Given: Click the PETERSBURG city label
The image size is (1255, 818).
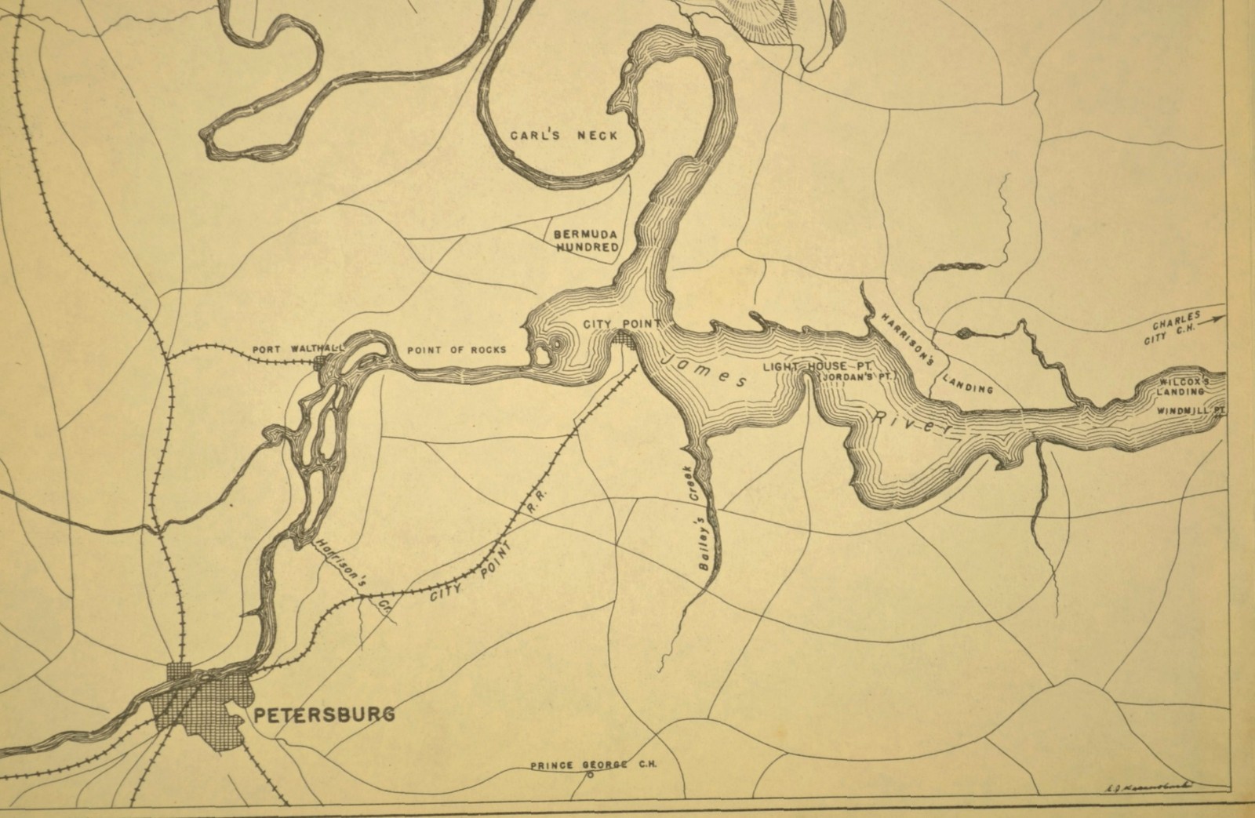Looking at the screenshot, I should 323,714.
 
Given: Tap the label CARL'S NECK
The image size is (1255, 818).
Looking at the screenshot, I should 564,135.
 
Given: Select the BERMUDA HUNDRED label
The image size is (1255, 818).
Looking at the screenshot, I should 587,241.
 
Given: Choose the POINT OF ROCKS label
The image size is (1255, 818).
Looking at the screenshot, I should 456,350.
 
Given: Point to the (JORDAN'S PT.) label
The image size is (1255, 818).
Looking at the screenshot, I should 857,377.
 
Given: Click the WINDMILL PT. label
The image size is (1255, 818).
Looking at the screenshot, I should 1190,409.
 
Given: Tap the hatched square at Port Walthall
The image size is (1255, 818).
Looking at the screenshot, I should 319,362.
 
